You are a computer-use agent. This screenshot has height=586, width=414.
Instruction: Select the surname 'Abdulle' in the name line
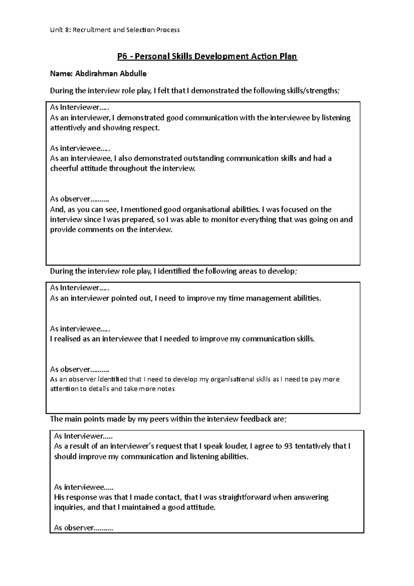(133, 74)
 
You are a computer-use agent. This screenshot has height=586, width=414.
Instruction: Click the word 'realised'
(67, 339)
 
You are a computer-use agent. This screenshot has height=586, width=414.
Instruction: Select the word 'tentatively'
(312, 446)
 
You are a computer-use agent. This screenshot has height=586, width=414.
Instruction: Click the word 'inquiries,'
(69, 508)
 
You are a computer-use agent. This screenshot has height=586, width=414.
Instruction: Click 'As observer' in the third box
(74, 528)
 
